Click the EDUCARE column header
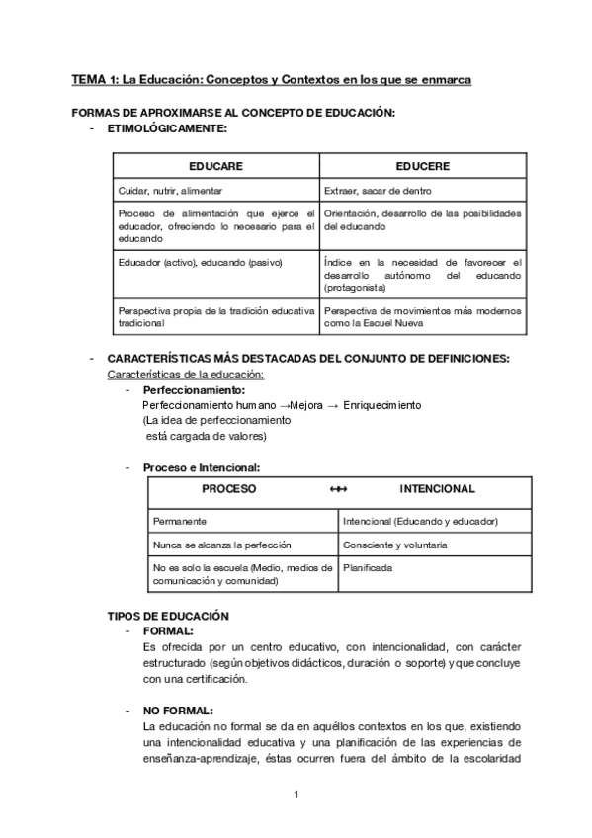pos(215,167)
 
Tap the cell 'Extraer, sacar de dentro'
pos(378,190)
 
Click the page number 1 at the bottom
pos(296,795)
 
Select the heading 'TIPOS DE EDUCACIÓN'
pos(168,616)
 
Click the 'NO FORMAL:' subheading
pos(178,711)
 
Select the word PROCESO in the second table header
pos(229,489)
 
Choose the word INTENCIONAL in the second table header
pos(437,489)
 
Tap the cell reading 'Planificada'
pos(368,569)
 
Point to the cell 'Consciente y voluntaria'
pos(395,545)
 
